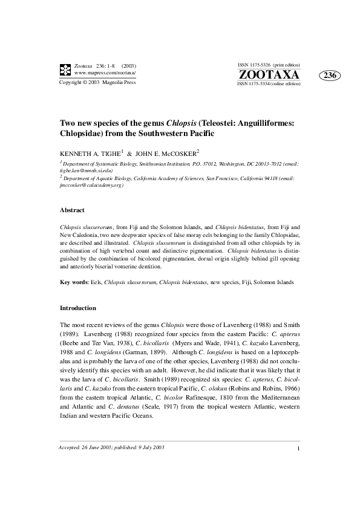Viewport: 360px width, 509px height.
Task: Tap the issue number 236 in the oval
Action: pos(330,76)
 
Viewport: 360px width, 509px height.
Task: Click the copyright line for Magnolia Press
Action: pos(97,82)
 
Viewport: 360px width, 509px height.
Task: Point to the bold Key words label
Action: pos(73,282)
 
